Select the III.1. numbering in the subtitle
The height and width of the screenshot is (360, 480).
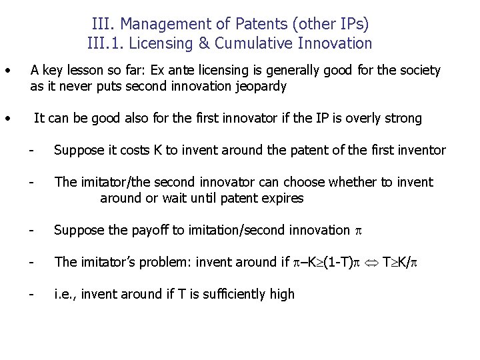coord(108,44)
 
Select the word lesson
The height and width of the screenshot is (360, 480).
coord(89,70)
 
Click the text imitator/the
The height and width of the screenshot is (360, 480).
coord(118,183)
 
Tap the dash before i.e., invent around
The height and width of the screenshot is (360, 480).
coord(31,295)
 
